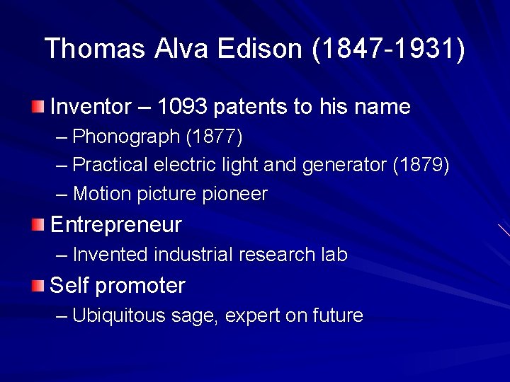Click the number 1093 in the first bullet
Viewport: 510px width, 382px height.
[x=182, y=108]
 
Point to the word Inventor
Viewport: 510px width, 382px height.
[x=91, y=108]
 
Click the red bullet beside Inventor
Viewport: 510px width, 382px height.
[x=38, y=108]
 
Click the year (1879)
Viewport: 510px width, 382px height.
[x=421, y=165]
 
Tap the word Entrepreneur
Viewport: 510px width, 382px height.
[x=116, y=226]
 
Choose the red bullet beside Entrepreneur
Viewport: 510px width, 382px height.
[x=38, y=226]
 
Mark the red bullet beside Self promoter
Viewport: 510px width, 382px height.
[x=38, y=286]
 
